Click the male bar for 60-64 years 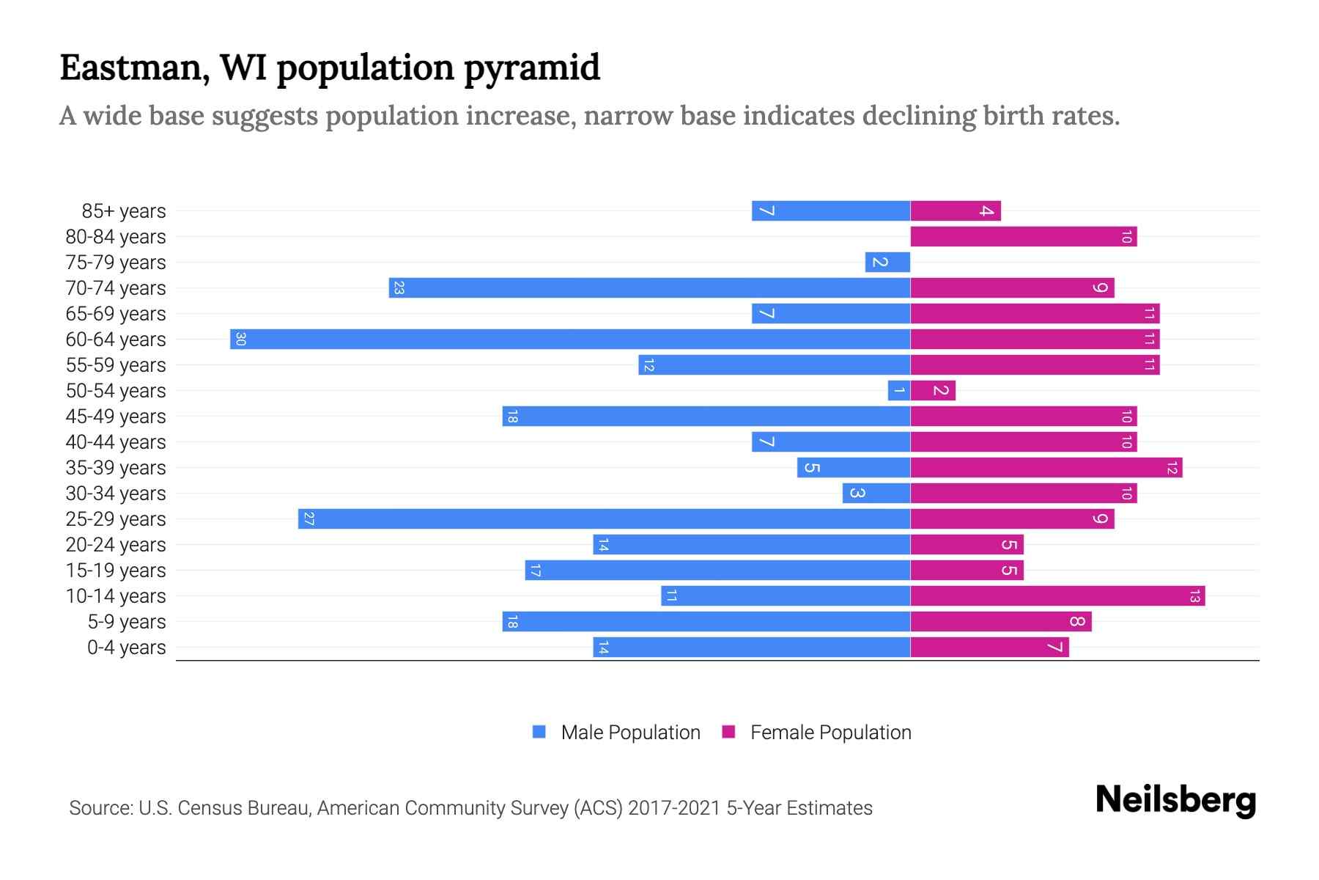click(570, 339)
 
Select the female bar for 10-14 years click(1057, 595)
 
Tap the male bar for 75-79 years click(887, 262)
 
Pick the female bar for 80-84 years click(1023, 236)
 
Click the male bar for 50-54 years click(899, 390)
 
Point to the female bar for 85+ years click(956, 210)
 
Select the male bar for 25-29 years click(604, 518)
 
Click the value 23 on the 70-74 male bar click(399, 287)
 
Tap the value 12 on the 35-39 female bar click(1172, 467)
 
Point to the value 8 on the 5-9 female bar click(1076, 621)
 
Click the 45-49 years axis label click(116, 416)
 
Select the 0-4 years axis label click(126, 647)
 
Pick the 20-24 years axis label click(116, 544)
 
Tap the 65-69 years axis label click(116, 313)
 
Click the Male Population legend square click(539, 732)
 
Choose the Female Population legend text click(830, 732)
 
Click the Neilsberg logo click(1175, 799)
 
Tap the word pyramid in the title click(532, 67)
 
